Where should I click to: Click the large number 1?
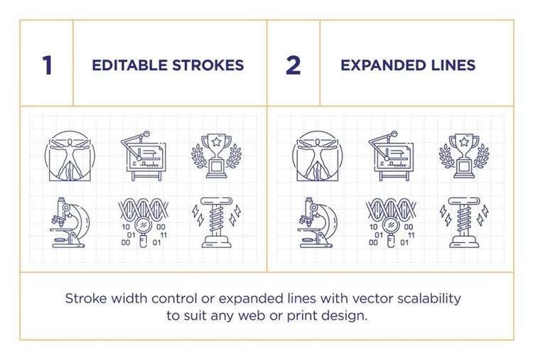click(47, 65)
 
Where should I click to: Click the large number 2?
click(293, 65)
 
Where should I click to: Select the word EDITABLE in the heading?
click(129, 65)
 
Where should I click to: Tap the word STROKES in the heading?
click(208, 65)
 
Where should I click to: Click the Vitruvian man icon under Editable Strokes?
click(70, 156)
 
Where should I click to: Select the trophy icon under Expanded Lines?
click(464, 156)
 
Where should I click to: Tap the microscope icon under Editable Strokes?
click(70, 222)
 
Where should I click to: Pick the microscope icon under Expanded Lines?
click(318, 222)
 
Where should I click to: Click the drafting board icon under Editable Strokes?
click(144, 156)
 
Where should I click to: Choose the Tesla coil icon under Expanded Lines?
click(464, 222)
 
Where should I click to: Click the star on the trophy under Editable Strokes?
click(217, 141)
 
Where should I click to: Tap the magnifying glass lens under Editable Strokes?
click(144, 225)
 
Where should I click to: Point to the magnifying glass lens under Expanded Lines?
click(391, 225)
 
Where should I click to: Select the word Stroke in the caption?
click(86, 299)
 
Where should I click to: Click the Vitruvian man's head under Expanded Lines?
click(318, 142)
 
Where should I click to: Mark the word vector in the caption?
click(372, 299)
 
